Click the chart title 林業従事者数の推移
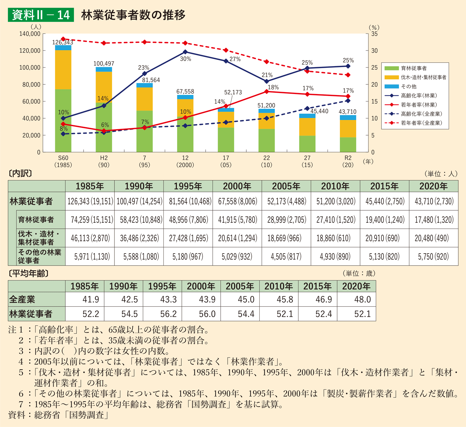133,15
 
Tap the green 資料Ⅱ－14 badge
41,15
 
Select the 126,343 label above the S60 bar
63,42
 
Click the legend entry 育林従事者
414,68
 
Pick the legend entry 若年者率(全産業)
421,123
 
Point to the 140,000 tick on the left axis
30,34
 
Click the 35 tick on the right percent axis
374,34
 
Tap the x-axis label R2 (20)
348,161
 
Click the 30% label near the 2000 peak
185,59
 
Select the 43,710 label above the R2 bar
348,112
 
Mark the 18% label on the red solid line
273,87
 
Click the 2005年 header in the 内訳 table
286,186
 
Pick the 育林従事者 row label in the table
36,220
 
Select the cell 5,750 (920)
433,257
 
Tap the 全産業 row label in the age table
22,299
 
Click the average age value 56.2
168,314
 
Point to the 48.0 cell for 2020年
362,299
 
